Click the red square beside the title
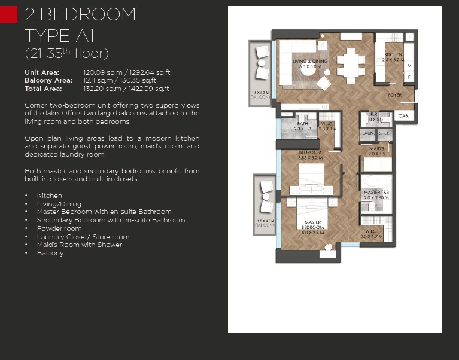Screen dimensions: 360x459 [8, 14]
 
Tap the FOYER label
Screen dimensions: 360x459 [394, 95]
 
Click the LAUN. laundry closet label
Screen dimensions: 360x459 [367, 133]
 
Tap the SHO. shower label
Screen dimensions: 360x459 [383, 133]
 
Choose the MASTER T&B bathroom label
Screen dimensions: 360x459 [376, 193]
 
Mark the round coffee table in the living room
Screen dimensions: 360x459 [323, 83]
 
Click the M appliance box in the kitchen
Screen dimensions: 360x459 [409, 66]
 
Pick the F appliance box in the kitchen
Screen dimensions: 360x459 [409, 77]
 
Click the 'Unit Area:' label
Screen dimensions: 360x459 [41, 72]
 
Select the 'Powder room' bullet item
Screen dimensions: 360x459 [59, 228]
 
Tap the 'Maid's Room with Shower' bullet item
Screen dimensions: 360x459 [79, 245]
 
